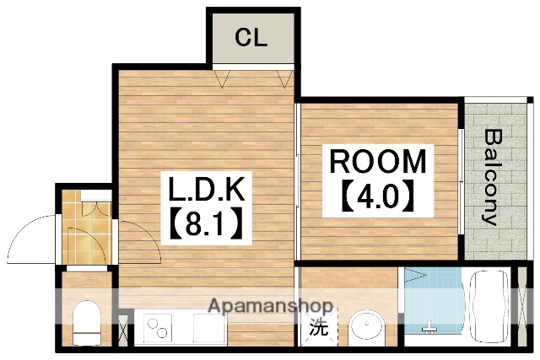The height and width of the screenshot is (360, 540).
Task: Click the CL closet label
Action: coord(251,38)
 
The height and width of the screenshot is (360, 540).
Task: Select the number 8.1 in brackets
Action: coord(202,225)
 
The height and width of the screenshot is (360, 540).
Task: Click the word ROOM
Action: coord(377,160)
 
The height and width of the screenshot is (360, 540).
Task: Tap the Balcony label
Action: coord(490,177)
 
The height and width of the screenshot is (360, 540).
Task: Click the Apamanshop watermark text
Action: coord(270,306)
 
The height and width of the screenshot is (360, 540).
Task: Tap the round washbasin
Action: coord(366,327)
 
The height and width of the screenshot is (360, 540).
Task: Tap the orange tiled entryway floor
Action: coord(84,228)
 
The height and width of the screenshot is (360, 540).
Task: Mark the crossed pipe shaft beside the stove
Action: coord(124,329)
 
